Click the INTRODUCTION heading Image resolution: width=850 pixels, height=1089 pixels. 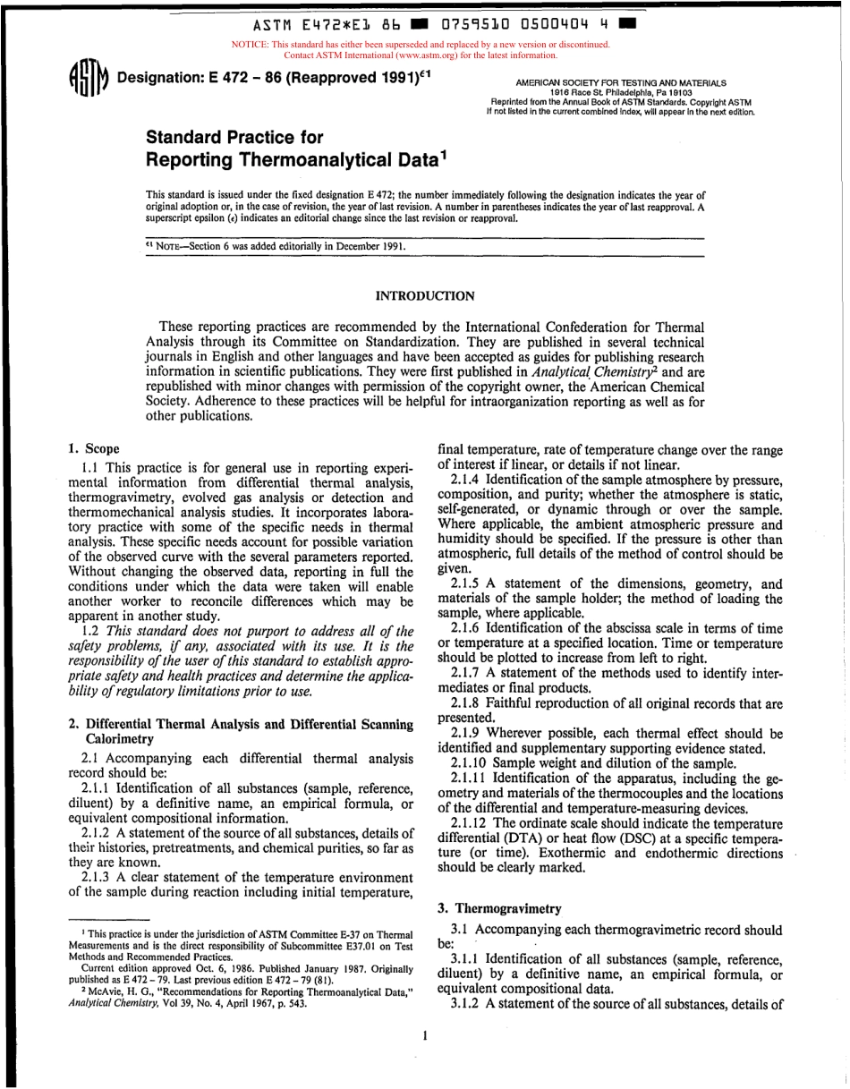pyautogui.click(x=425, y=295)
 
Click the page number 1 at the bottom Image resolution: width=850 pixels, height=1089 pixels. pyautogui.click(x=426, y=1036)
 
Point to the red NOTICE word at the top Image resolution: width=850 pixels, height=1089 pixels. pyautogui.click(x=251, y=44)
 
